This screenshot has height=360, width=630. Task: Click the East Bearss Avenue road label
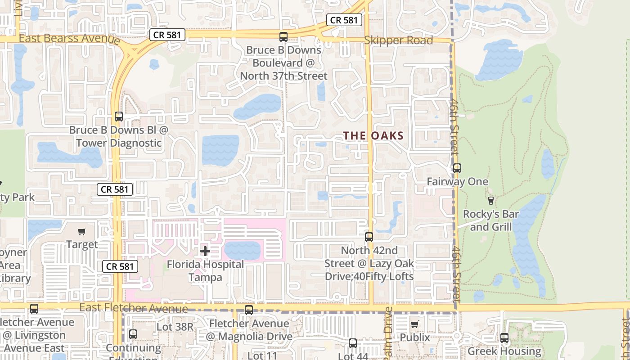69,38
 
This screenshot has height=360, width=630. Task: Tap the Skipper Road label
398,40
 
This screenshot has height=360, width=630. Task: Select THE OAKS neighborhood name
373,135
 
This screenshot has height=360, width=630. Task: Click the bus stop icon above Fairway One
457,168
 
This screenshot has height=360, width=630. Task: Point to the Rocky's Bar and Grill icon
491,200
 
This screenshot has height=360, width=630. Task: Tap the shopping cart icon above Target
81,232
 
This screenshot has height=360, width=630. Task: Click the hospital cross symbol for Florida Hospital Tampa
205,251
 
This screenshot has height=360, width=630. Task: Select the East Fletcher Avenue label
134,308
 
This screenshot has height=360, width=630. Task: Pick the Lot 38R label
175,327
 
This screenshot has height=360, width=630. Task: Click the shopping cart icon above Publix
415,324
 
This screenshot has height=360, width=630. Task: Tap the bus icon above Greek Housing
504,337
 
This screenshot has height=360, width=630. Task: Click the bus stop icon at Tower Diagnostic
119,117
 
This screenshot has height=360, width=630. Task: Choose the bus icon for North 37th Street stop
283,37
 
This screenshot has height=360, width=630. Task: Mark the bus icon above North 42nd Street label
369,237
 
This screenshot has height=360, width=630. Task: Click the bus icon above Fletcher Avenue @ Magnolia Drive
249,310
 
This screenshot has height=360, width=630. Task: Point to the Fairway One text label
457,182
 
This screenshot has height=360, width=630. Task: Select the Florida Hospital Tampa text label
205,270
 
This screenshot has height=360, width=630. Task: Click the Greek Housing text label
504,351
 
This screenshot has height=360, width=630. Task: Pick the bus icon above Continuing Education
133,334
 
